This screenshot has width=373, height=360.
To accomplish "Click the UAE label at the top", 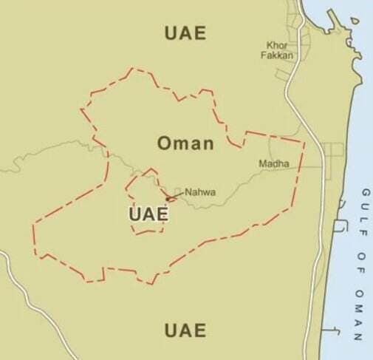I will coord(185,33).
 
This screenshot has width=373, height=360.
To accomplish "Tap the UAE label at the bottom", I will coord(185,330).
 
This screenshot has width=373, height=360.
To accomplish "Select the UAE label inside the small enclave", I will coord(148,214).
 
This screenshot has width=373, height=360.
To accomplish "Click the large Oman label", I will coord(185,143).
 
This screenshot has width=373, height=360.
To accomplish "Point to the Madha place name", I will coord(273,163).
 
